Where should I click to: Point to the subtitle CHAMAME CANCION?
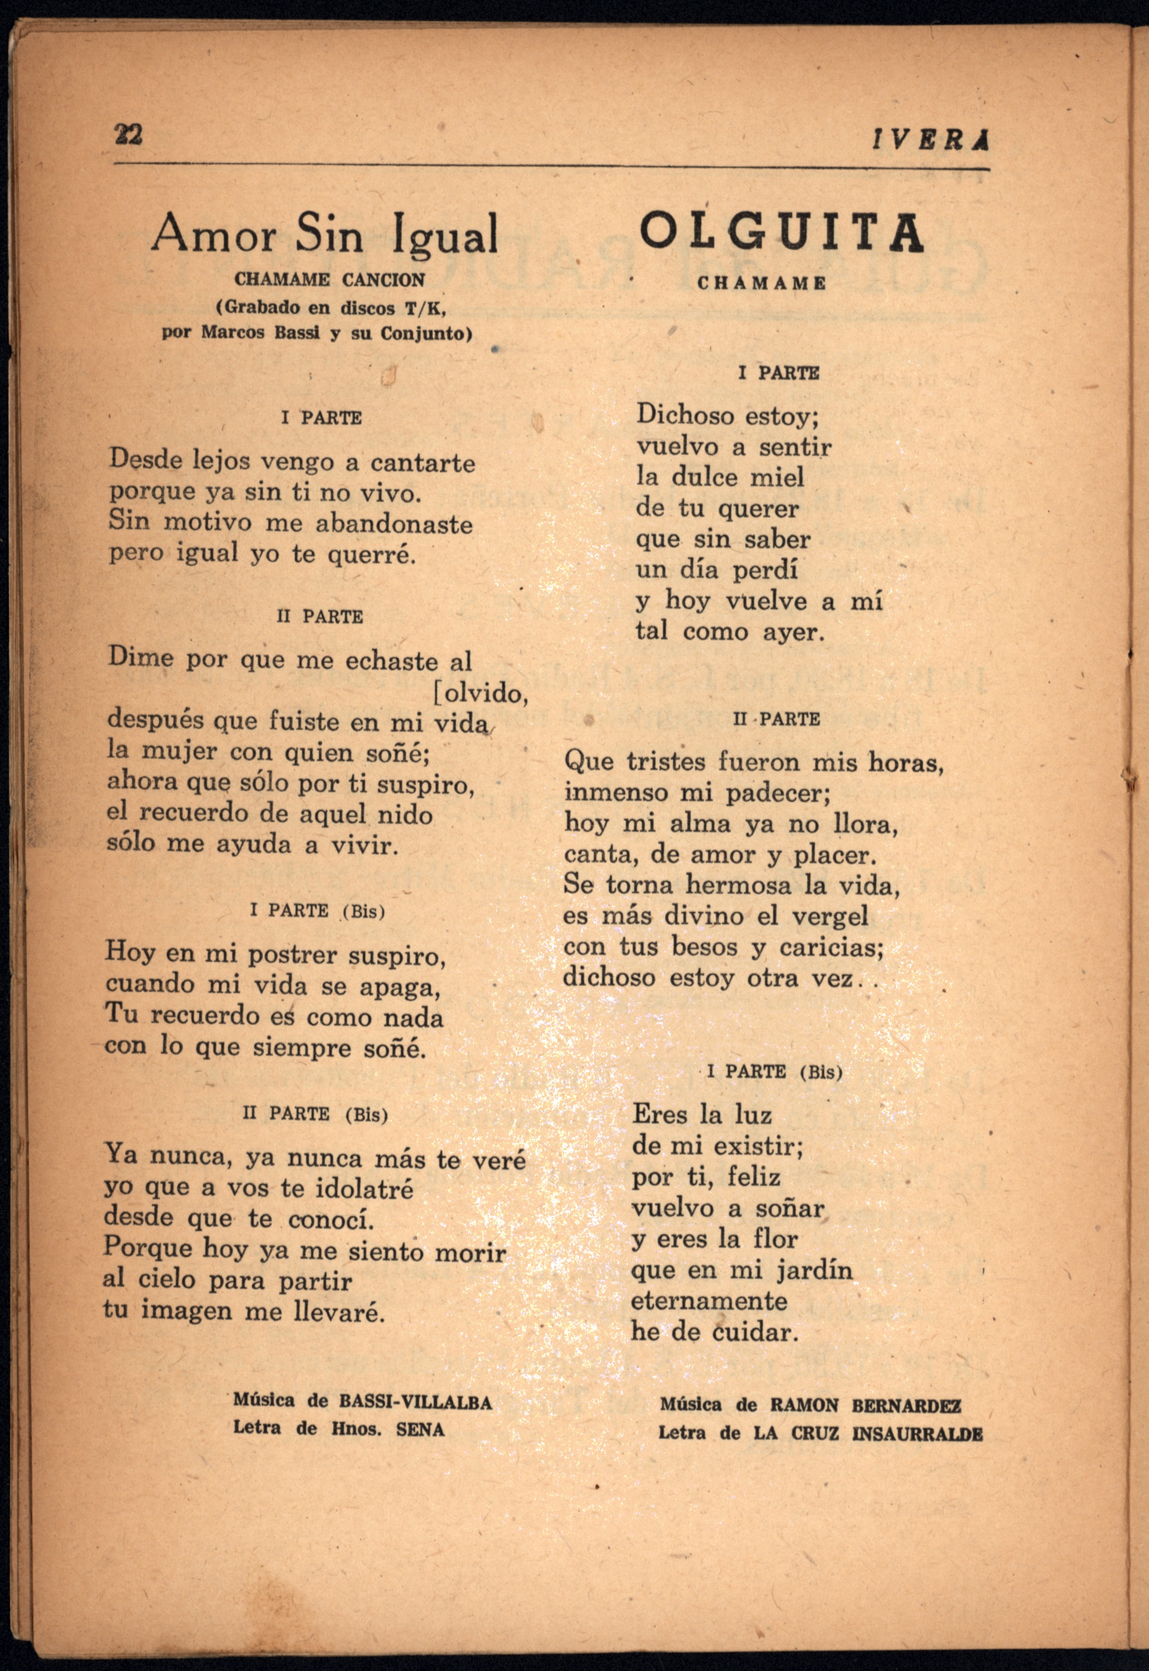click(329, 279)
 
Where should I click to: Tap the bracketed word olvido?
click(483, 693)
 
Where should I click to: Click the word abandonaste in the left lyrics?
click(394, 523)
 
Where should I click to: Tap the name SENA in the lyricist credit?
click(420, 1429)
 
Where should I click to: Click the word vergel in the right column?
click(829, 915)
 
